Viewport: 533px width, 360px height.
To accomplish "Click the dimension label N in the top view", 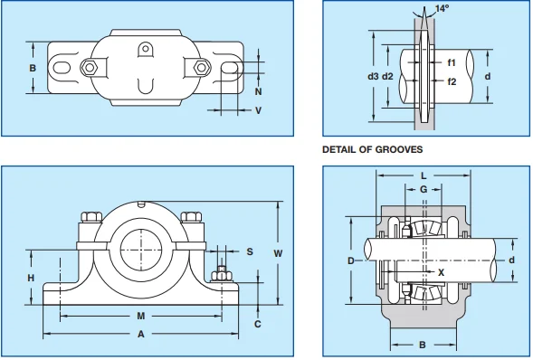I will [258, 92].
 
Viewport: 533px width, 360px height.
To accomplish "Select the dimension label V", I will [258, 110].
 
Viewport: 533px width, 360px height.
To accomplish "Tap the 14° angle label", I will [442, 9].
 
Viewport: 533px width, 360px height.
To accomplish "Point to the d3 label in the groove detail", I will [373, 76].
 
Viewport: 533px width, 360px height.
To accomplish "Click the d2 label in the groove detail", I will [388, 76].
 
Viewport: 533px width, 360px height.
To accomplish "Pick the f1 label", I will [451, 62].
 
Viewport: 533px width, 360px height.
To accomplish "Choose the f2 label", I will [451, 81].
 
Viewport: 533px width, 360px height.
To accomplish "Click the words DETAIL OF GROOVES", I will [373, 149].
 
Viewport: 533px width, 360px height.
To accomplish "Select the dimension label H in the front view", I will [31, 278].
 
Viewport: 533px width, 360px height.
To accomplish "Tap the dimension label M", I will [140, 317].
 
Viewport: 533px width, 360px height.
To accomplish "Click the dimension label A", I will [140, 334].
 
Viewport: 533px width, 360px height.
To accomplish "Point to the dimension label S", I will [250, 251].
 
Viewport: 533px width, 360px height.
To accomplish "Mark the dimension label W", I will [278, 253].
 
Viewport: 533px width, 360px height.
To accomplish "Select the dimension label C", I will [258, 324].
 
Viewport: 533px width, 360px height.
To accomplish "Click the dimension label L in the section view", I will [422, 175].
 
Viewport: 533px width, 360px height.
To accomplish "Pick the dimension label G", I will [423, 189].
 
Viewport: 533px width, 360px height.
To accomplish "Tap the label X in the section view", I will [441, 270].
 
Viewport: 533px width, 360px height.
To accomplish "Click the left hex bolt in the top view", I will [89, 67].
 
